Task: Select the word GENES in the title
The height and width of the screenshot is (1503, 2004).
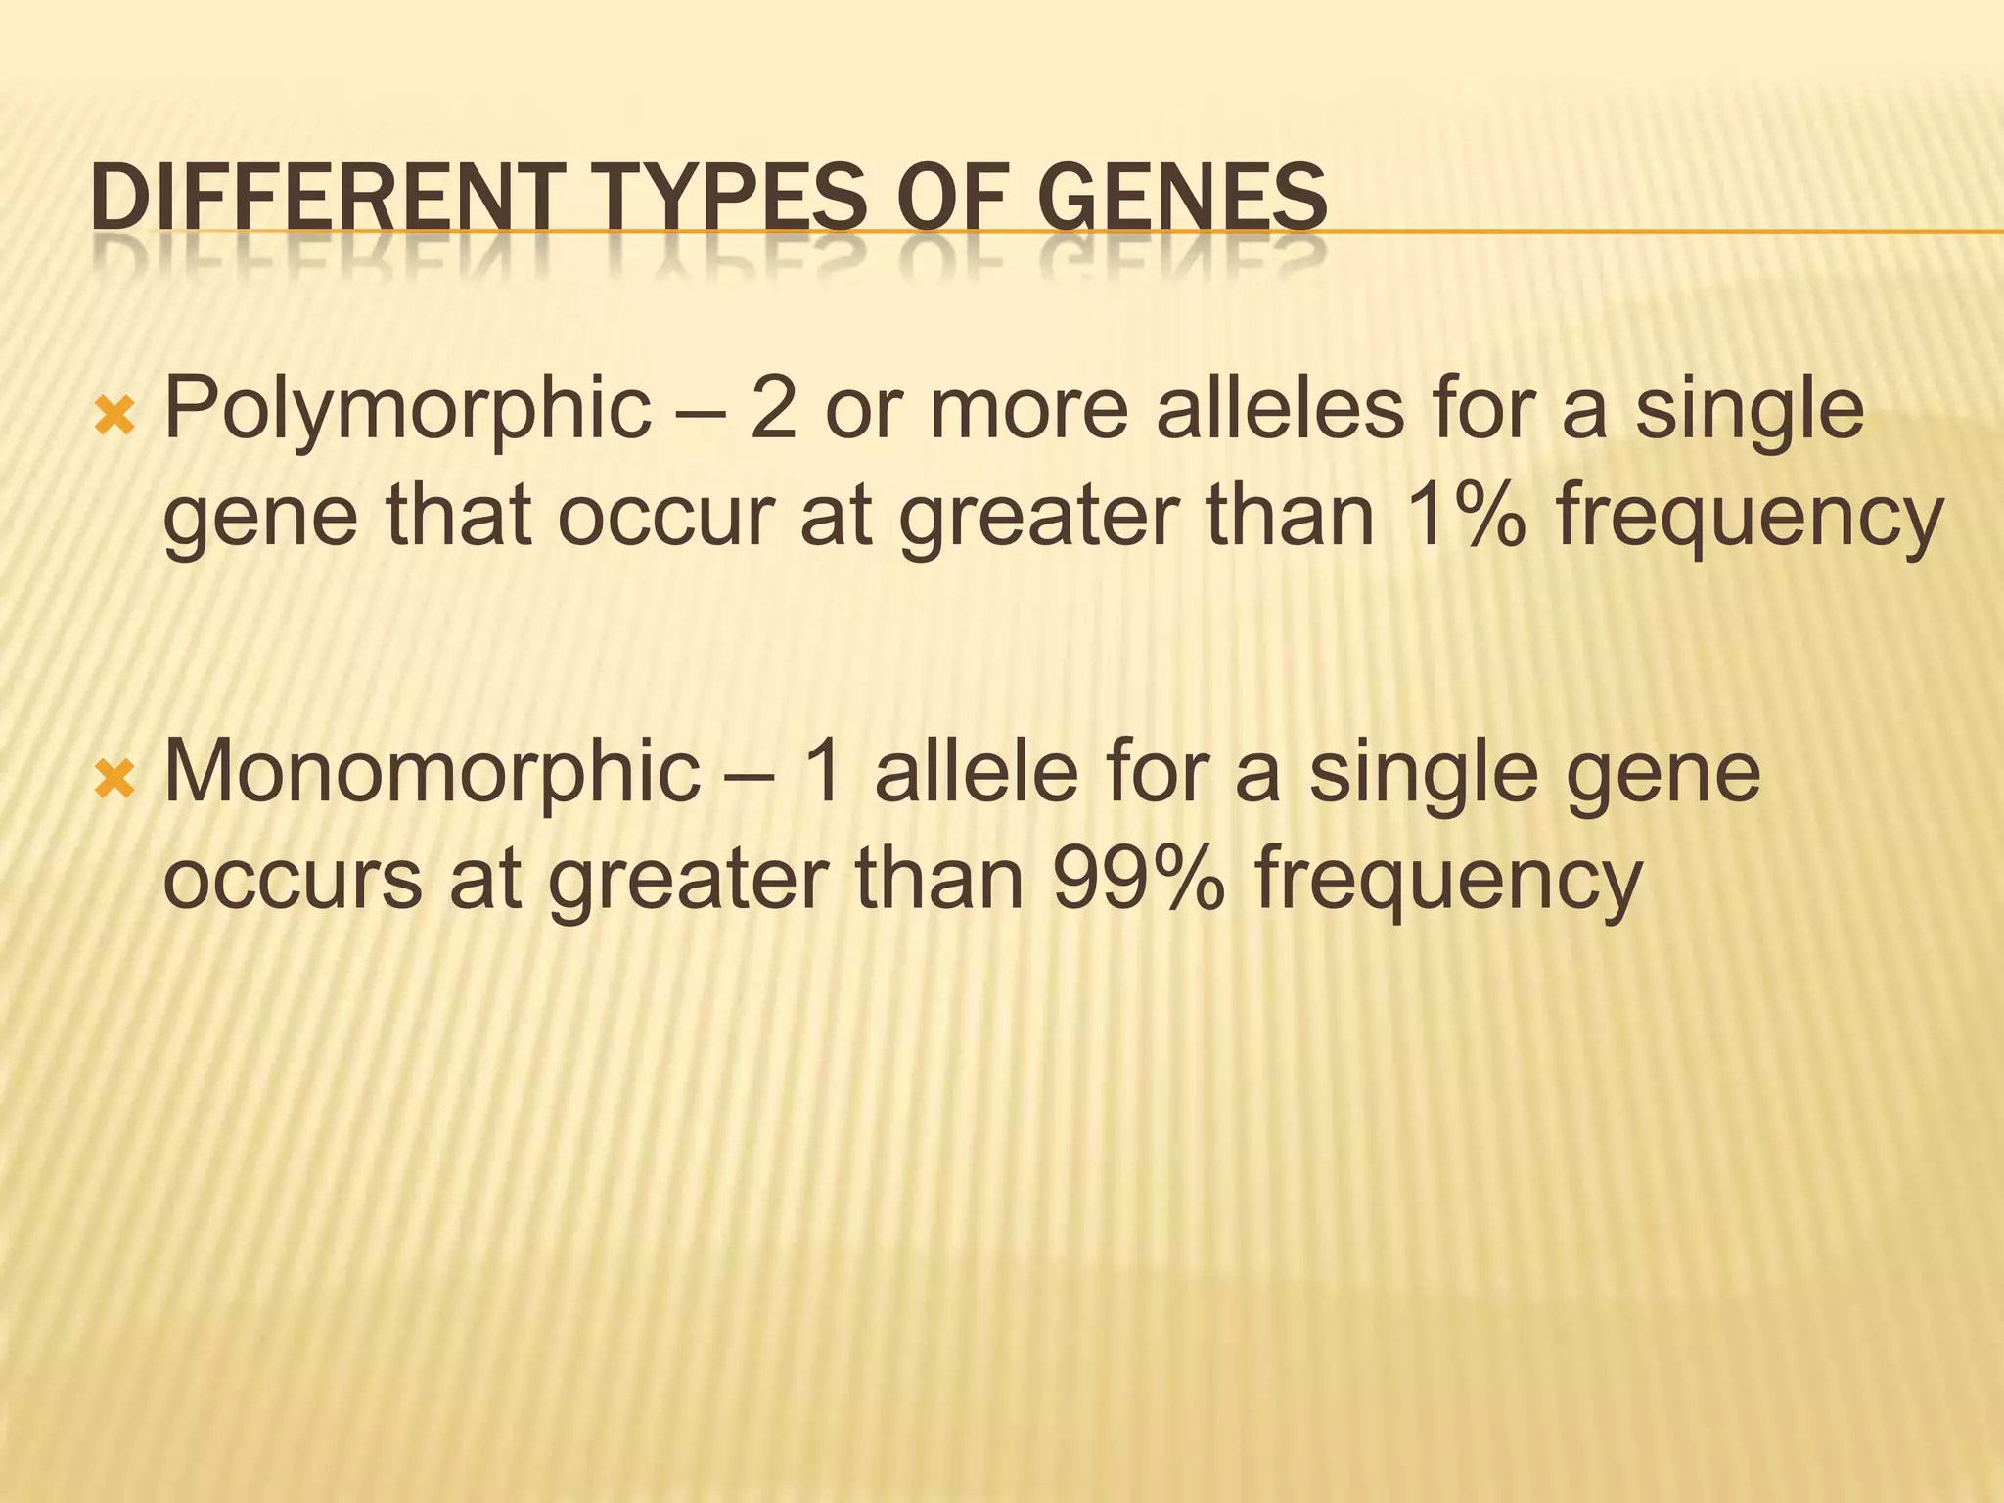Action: pos(1181,199)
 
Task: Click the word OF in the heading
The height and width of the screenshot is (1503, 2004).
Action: pos(948,199)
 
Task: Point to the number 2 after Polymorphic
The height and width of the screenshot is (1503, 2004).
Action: pos(774,409)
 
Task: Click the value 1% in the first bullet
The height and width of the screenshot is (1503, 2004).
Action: pos(1466,516)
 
